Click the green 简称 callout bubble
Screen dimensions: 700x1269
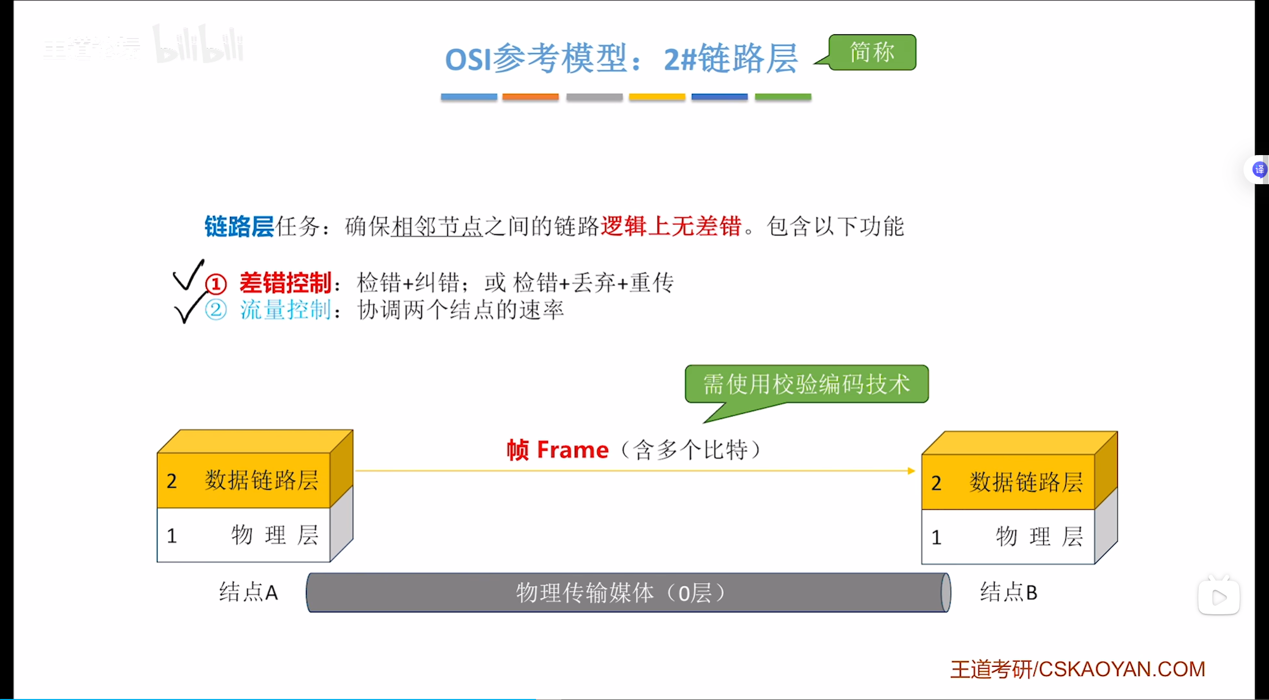(872, 52)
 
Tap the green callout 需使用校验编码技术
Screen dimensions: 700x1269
(806, 384)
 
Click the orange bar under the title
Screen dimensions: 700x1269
(530, 96)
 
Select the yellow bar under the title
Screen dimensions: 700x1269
(656, 96)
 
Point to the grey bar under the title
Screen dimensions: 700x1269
(594, 96)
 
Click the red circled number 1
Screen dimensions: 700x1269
(216, 284)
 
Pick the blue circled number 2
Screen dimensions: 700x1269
(216, 310)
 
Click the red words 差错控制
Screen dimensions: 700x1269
(285, 283)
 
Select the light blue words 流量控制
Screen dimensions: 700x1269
(285, 310)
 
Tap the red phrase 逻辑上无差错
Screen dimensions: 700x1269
(671, 226)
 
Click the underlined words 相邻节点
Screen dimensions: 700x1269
(437, 226)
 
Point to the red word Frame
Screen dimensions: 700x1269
(572, 449)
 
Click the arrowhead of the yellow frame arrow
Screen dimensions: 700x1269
(911, 471)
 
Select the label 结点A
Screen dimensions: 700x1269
(248, 592)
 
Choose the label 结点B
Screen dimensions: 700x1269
(1008, 592)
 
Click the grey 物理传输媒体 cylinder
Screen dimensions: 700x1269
(627, 592)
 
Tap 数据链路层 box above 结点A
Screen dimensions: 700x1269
(244, 480)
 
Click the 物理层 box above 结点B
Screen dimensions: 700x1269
(1008, 537)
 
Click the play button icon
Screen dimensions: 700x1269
(1219, 597)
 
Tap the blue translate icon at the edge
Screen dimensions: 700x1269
(1259, 169)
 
